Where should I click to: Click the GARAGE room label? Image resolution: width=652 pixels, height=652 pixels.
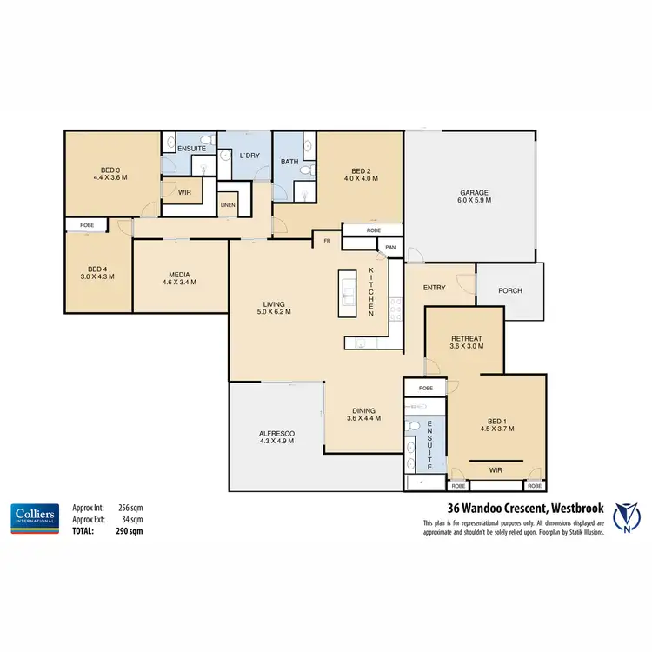[x=476, y=192]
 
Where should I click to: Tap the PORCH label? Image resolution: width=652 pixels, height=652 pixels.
[x=510, y=290]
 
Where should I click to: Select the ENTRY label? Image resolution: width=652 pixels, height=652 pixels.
[x=434, y=287]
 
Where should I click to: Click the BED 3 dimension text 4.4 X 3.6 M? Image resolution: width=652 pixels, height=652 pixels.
[x=110, y=176]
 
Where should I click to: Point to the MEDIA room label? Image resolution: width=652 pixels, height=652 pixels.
[x=181, y=274]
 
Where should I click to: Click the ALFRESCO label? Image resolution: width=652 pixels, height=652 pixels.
[x=276, y=433]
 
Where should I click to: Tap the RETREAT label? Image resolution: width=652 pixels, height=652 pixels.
[x=466, y=338]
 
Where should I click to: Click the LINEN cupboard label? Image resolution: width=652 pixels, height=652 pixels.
[x=227, y=205]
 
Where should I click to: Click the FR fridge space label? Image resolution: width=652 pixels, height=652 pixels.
[x=328, y=240]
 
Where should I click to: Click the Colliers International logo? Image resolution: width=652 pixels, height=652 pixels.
[x=35, y=516]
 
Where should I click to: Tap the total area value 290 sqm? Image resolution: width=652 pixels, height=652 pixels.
[x=130, y=530]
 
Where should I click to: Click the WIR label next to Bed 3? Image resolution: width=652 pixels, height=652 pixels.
[x=184, y=191]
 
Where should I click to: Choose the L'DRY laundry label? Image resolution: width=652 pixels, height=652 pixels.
[x=249, y=156]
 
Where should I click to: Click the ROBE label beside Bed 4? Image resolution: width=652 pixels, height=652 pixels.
[x=87, y=225]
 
